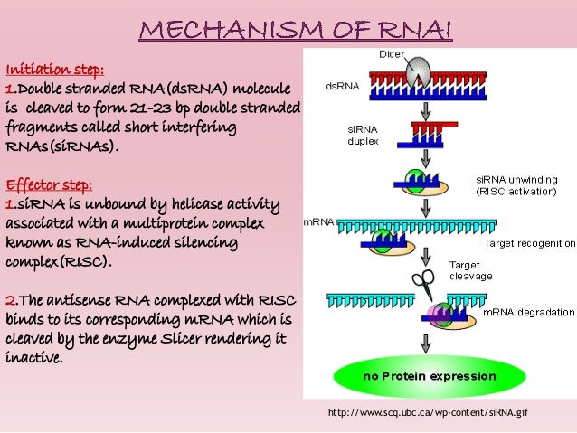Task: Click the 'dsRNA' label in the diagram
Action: [342, 88]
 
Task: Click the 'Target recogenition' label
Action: [529, 243]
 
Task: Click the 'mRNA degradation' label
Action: [529, 312]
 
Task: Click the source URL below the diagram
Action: [428, 413]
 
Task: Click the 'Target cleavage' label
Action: [470, 270]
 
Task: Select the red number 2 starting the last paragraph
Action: [10, 300]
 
